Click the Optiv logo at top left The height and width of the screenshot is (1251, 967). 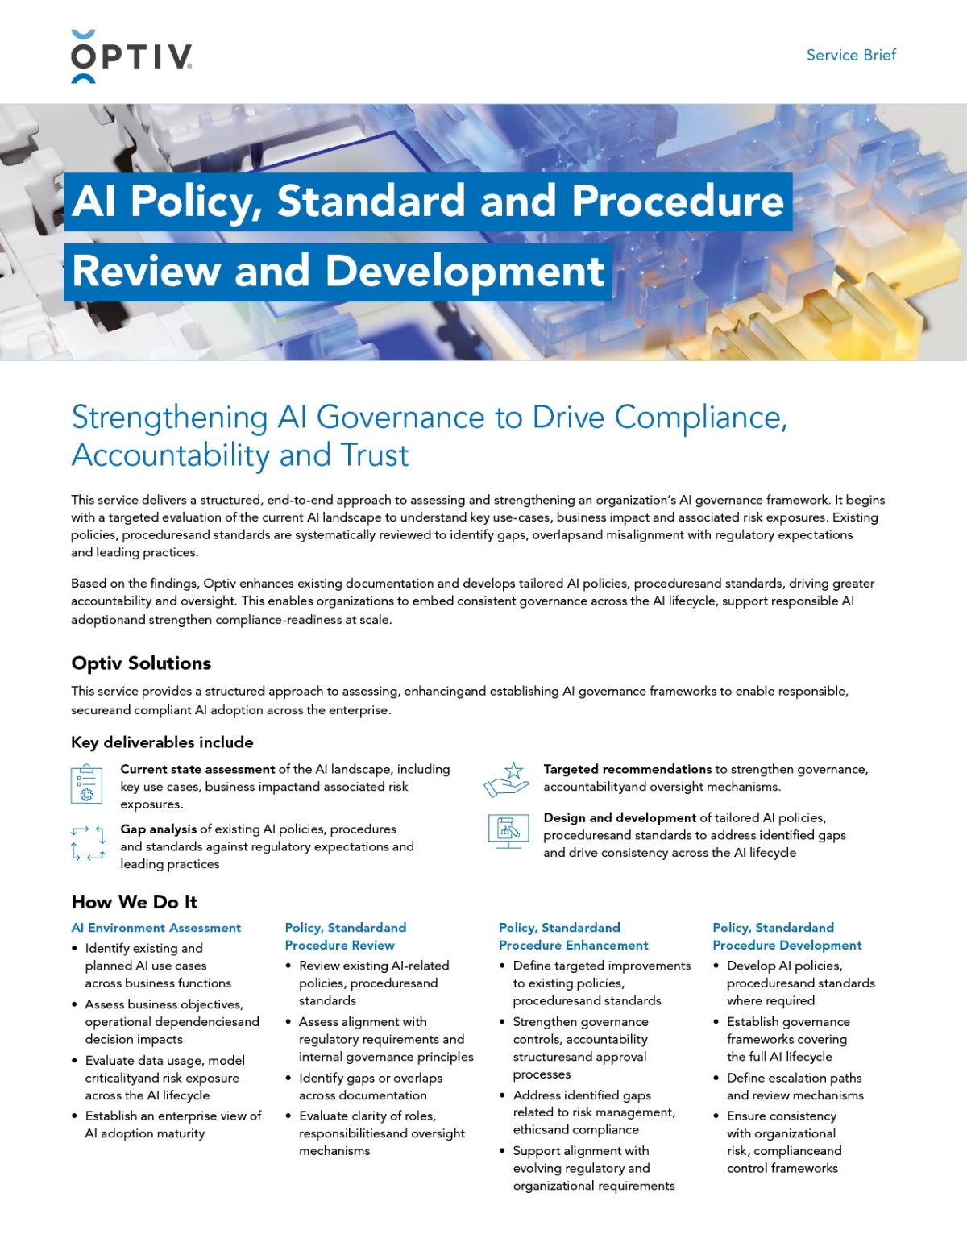pos(131,56)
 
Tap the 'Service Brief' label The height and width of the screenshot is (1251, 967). pos(851,55)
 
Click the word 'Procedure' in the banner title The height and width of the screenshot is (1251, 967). pos(678,201)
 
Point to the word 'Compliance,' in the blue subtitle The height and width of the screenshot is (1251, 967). pos(700,418)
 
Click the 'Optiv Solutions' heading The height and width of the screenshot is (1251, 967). pos(141,663)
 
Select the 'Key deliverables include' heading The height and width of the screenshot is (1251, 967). pos(162,742)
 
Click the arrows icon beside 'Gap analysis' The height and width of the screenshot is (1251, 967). pos(88,843)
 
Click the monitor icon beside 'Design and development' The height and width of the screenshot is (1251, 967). pos(508,831)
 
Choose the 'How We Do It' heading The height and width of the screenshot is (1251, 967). pos(135,902)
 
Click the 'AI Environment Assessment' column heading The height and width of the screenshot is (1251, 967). pos(156,928)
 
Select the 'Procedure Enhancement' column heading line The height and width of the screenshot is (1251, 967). pos(573,946)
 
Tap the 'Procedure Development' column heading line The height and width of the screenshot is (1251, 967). pos(786,946)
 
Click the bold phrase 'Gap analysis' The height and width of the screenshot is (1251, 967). pos(159,829)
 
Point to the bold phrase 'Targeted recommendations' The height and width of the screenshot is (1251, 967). pos(627,769)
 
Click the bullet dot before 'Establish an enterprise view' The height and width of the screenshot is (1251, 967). pos(75,1116)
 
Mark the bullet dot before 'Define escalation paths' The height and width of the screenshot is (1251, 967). pos(716,1079)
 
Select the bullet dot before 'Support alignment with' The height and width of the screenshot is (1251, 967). pos(503,1151)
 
